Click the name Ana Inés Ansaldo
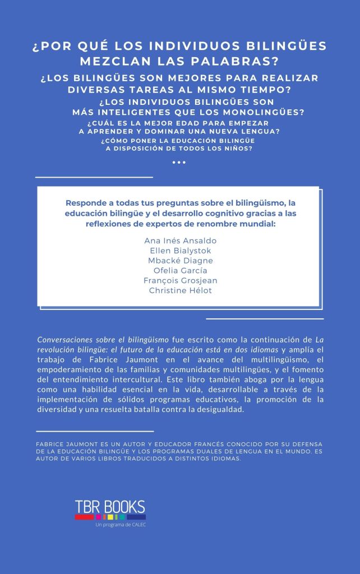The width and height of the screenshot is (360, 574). tap(180, 240)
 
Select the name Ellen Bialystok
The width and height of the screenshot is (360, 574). tap(180, 251)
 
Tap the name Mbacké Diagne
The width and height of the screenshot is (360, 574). tap(180, 261)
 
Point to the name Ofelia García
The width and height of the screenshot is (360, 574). tap(180, 271)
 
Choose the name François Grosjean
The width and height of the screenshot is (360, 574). tap(180, 280)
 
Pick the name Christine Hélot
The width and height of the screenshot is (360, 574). tap(180, 290)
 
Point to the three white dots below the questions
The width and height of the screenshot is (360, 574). tap(179, 162)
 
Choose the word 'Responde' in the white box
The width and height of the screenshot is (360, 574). tap(85, 202)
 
